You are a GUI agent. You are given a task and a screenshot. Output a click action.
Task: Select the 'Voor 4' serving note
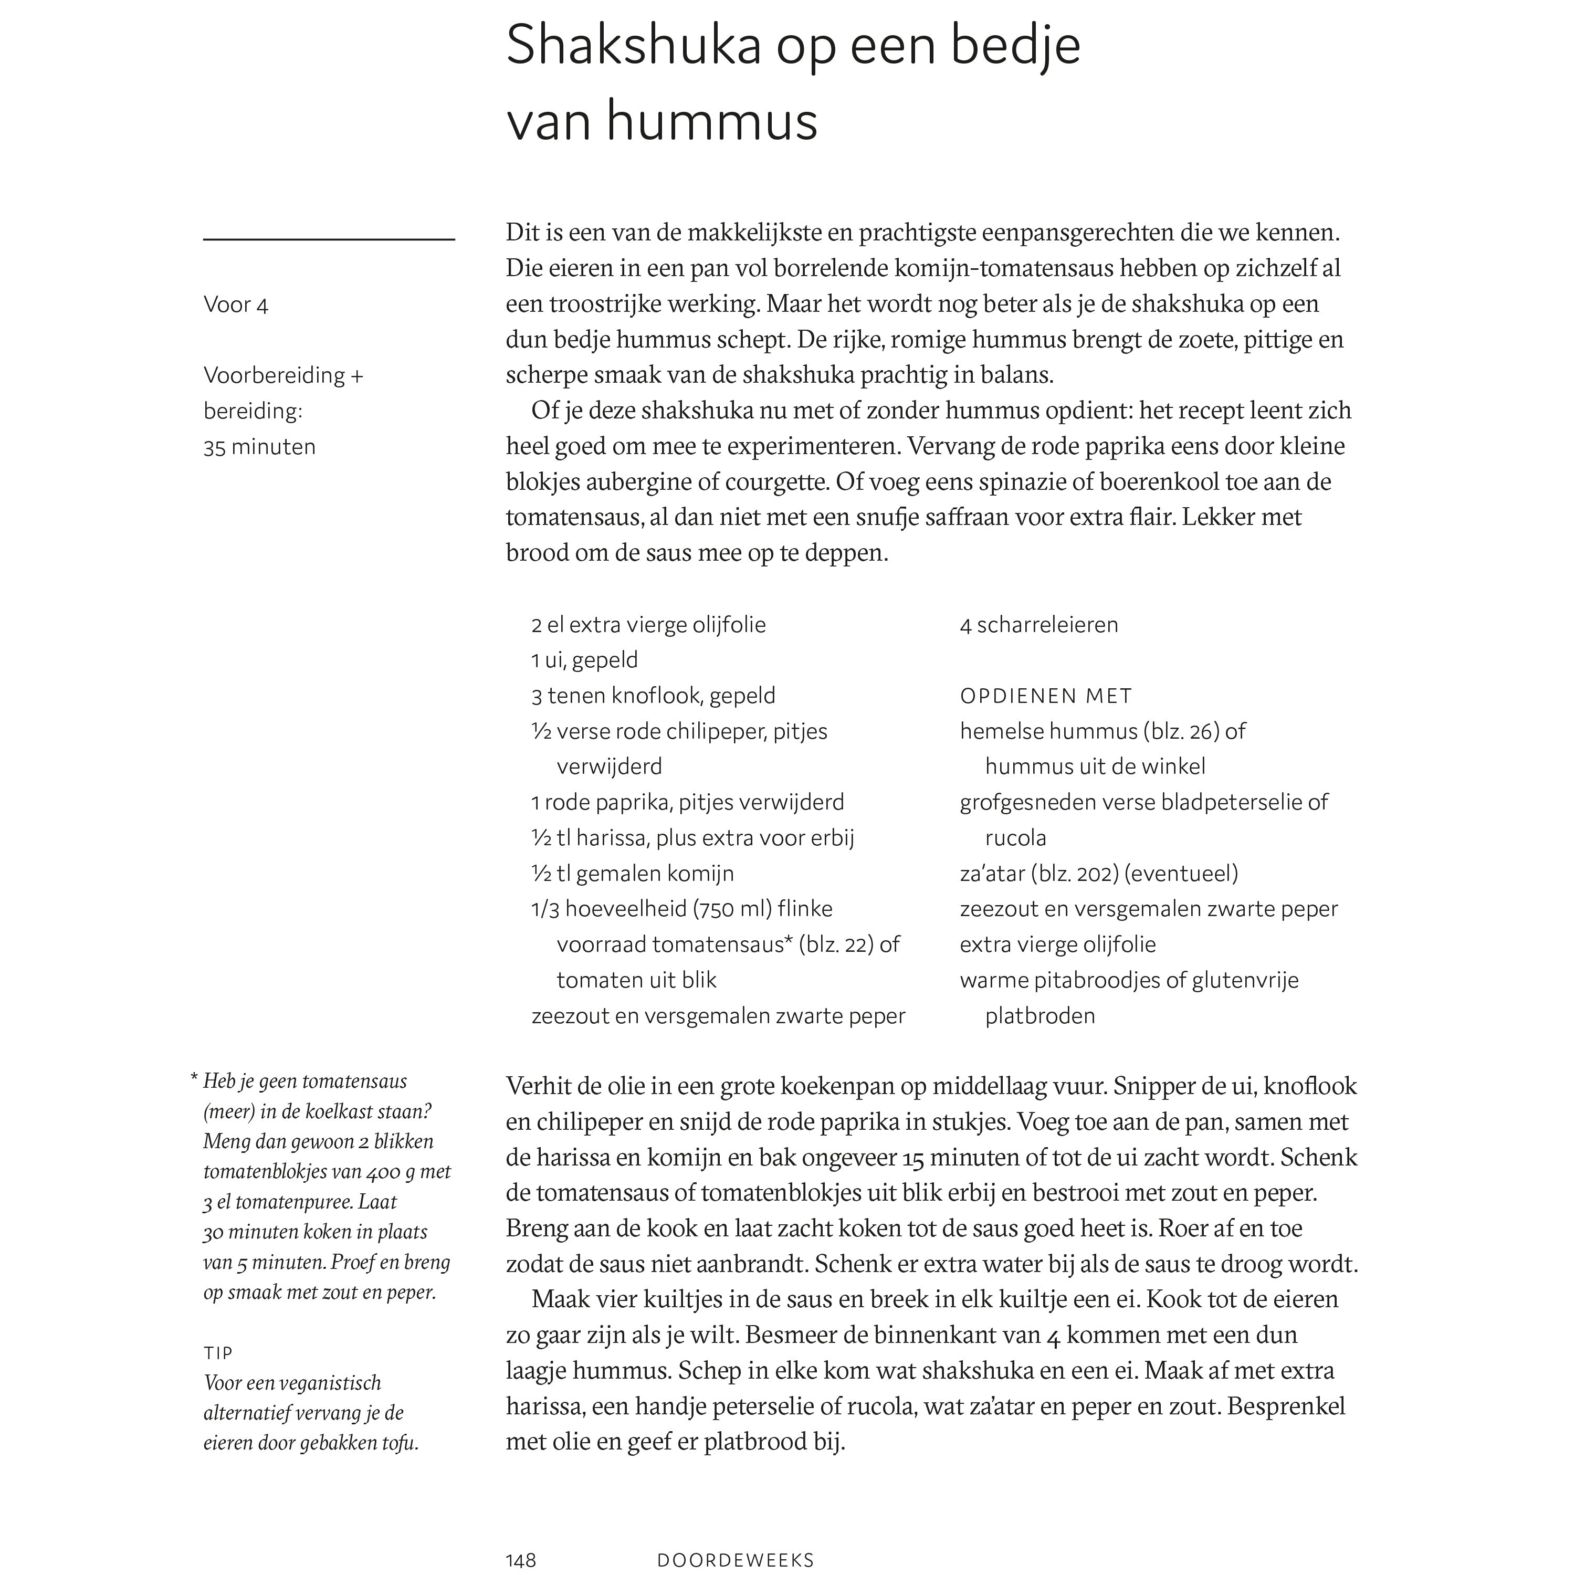tap(236, 305)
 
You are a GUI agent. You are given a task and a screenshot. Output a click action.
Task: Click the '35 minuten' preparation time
tap(259, 447)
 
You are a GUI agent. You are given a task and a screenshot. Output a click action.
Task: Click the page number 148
tap(521, 1559)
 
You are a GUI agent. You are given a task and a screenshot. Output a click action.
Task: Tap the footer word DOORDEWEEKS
tap(736, 1559)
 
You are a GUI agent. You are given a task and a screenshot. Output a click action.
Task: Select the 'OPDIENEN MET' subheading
tap(1046, 696)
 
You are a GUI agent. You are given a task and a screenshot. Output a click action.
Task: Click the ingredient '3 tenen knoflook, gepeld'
tap(653, 696)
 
